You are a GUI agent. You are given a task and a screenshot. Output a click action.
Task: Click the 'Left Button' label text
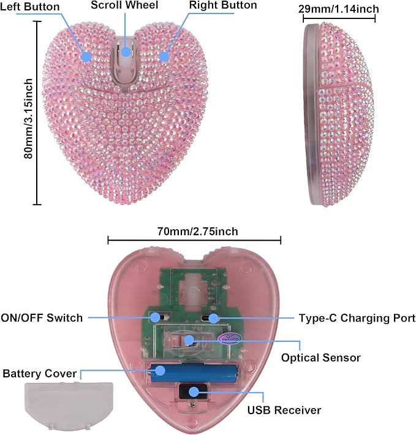[29, 7]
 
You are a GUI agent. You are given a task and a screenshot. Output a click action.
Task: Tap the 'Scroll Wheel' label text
[124, 5]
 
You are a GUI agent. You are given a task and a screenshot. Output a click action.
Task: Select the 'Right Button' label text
[223, 5]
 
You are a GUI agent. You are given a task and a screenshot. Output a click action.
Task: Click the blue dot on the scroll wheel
[126, 51]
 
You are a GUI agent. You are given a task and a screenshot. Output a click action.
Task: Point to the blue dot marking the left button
[87, 57]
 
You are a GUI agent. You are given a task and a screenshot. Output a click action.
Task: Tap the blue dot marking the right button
[164, 56]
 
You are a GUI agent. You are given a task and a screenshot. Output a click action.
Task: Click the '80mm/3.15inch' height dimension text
[28, 119]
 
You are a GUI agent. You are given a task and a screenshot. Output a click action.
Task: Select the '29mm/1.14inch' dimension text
[339, 9]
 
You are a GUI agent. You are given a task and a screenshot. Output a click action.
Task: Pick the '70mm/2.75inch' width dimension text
[198, 232]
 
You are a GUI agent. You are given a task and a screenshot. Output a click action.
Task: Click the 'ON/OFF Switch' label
[42, 317]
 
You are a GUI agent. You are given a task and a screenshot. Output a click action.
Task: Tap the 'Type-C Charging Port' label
[357, 318]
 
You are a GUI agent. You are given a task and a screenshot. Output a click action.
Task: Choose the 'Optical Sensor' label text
[321, 358]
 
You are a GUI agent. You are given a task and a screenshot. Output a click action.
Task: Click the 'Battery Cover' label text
[40, 374]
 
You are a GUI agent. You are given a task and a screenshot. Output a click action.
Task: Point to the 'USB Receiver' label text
[284, 410]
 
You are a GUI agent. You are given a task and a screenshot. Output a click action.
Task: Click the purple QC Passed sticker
[229, 338]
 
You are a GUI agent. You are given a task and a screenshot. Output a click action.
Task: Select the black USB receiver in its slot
[194, 391]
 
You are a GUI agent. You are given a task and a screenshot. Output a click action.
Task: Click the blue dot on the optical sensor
[189, 340]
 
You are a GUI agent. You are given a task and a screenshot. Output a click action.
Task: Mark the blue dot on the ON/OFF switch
[155, 317]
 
